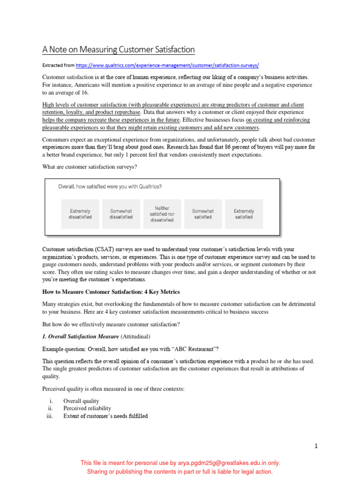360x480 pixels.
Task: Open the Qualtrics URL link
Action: [x=167, y=66]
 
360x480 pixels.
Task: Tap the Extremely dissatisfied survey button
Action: [x=80, y=214]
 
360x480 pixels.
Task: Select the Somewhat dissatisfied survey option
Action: [x=121, y=214]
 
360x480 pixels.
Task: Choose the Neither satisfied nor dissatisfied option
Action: [x=162, y=214]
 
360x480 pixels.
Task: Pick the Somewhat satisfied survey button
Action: [x=202, y=214]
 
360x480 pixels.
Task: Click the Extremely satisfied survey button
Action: [x=244, y=214]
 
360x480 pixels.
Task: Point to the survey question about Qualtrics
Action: [x=110, y=187]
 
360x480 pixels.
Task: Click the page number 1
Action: [x=316, y=446]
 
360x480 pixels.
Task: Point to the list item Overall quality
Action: [x=81, y=401]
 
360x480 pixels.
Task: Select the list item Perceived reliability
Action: [x=87, y=408]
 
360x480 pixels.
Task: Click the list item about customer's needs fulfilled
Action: [x=105, y=416]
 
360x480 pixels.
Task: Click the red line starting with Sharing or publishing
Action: [x=180, y=472]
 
